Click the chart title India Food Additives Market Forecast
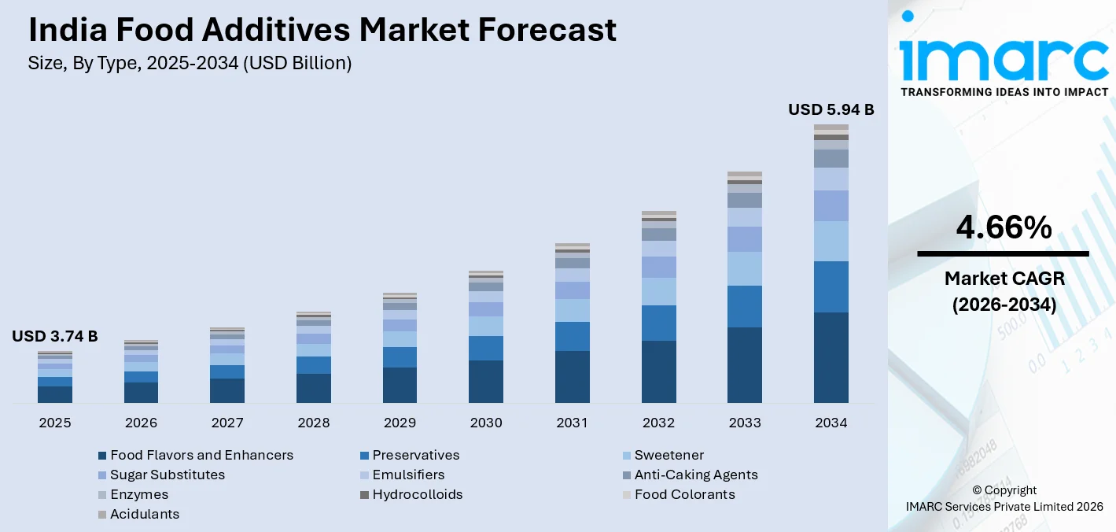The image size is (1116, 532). (322, 30)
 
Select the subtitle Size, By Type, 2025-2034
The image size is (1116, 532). (190, 64)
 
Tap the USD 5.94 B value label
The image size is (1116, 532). (831, 110)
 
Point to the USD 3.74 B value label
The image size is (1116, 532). (55, 337)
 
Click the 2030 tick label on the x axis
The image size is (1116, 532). (486, 423)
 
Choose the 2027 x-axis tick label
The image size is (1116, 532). (227, 423)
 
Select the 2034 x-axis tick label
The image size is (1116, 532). (831, 423)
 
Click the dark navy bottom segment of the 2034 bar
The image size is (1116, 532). (831, 357)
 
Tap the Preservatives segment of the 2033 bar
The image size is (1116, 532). (745, 306)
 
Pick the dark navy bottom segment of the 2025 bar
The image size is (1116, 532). (55, 394)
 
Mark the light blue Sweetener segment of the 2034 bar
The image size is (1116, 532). (831, 241)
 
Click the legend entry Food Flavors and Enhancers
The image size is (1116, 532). (201, 455)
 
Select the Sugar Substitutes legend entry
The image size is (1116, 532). (168, 475)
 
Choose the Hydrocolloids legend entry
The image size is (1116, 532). (417, 494)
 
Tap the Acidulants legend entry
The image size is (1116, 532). (145, 514)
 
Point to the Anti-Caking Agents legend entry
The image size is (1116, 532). (695, 475)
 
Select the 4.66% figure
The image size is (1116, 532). (1004, 228)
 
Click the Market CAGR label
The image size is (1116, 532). (1004, 278)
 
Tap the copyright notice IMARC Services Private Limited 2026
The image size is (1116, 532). (1004, 506)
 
